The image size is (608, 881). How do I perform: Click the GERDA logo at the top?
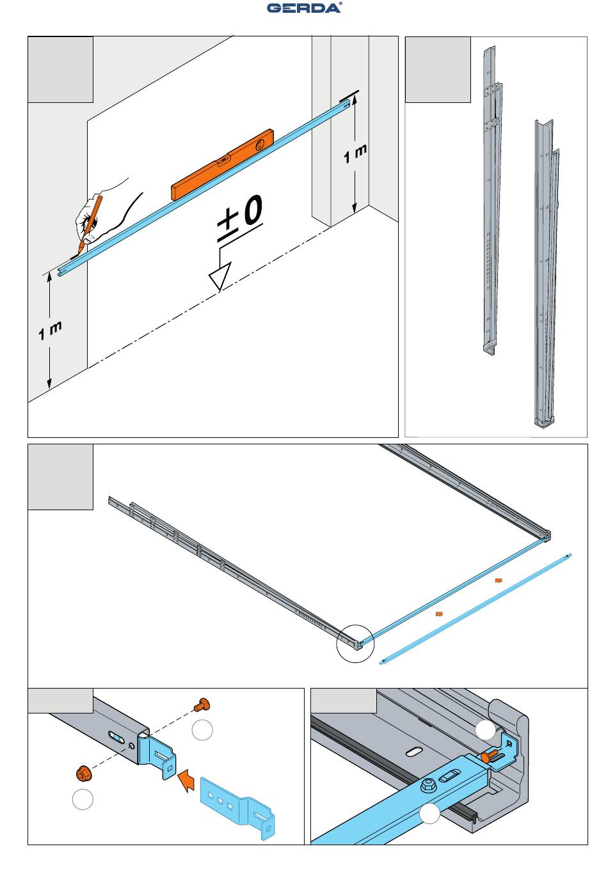(x=304, y=8)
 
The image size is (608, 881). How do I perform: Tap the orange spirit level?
(x=222, y=164)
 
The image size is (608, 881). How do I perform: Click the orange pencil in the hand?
(x=90, y=224)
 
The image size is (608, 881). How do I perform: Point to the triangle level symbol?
(x=220, y=276)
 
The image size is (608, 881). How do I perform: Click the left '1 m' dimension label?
(x=50, y=331)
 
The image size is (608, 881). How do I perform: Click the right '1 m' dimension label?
(x=355, y=153)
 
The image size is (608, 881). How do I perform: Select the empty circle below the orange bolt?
(x=202, y=730)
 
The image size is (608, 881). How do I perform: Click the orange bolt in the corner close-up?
(x=488, y=756)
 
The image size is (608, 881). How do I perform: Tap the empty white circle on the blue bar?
(x=429, y=813)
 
